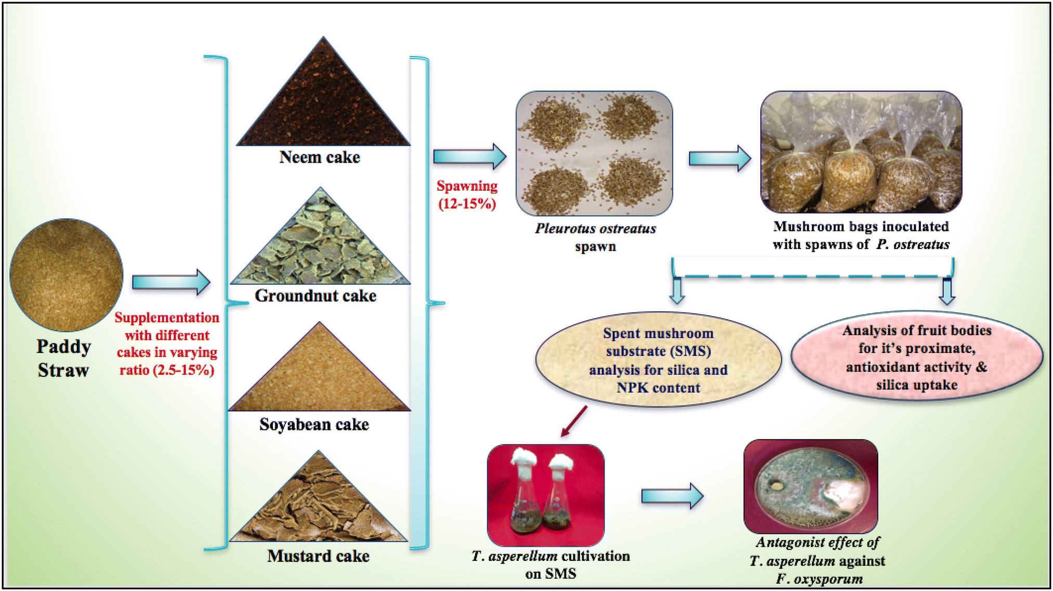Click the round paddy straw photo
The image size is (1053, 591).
67,275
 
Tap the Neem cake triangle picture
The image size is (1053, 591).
323,104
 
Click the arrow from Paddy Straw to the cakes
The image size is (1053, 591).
171,282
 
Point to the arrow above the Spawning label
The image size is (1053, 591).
469,156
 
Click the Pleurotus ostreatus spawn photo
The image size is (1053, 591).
594,153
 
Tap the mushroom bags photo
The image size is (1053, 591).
861,152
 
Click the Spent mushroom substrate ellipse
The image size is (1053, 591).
658,360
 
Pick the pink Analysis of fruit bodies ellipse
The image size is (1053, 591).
917,357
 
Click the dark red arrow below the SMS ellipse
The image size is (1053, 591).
574,422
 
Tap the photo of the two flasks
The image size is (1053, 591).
546,494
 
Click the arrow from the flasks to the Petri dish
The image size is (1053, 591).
672,496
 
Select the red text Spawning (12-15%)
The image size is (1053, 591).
467,195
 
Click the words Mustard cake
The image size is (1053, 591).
318,556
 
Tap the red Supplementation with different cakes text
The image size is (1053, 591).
167,344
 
